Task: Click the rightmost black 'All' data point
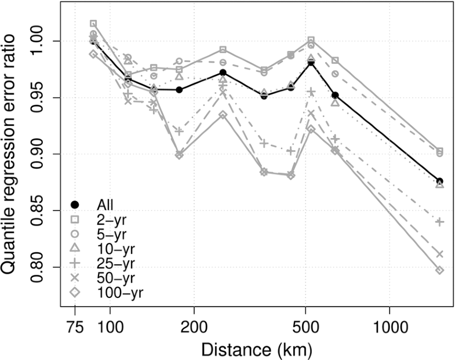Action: tap(439, 181)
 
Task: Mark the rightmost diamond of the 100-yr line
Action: tap(439, 270)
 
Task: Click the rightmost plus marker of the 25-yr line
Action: tap(439, 222)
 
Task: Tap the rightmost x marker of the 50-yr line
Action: tap(439, 254)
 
